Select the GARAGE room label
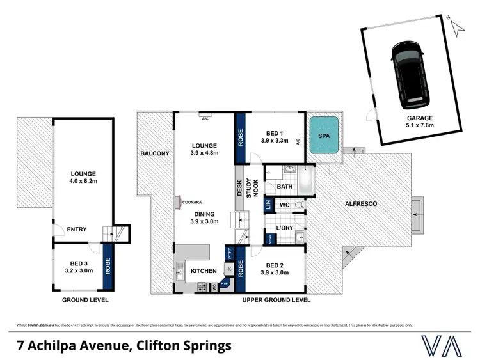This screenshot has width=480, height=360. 419,118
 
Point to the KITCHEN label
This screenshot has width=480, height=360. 204,271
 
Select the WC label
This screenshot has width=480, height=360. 285,205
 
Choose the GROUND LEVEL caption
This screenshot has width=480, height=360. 85,299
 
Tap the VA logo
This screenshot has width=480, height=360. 442,345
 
